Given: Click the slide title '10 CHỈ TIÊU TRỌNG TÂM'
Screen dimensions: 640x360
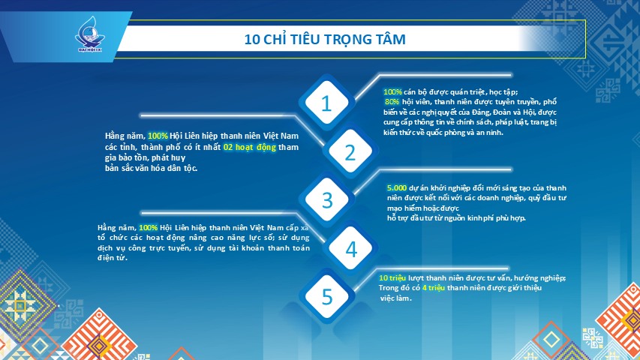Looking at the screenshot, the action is pyautogui.click(x=325, y=39).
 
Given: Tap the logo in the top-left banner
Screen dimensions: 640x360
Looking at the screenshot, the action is pyautogui.click(x=90, y=34).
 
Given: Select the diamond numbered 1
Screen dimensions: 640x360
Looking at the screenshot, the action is pyautogui.click(x=326, y=103).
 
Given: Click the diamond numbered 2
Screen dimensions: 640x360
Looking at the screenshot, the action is pyautogui.click(x=350, y=152).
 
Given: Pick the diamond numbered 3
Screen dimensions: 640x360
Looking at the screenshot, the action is pyautogui.click(x=327, y=200).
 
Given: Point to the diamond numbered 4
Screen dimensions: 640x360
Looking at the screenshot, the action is pyautogui.click(x=350, y=248).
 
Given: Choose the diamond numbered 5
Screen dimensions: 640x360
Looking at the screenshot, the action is pyautogui.click(x=327, y=296).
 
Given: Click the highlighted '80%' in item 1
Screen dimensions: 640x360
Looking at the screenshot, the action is pyautogui.click(x=392, y=102).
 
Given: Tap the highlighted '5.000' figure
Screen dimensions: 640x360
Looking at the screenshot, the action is pyautogui.click(x=397, y=187).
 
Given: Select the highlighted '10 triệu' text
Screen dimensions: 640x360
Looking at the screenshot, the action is pyautogui.click(x=392, y=278).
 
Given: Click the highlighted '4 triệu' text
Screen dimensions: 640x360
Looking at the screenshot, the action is pyautogui.click(x=434, y=288).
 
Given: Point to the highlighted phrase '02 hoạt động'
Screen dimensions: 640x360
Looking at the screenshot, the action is pyautogui.click(x=250, y=147).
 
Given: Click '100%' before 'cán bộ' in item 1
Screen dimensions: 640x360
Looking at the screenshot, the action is pyautogui.click(x=392, y=91).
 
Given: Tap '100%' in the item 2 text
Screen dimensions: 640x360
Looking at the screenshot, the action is pyautogui.click(x=158, y=136).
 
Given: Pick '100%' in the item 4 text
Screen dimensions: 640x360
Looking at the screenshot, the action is pyautogui.click(x=148, y=228).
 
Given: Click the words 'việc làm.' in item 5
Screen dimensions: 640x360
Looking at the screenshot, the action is pyautogui.click(x=396, y=298).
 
